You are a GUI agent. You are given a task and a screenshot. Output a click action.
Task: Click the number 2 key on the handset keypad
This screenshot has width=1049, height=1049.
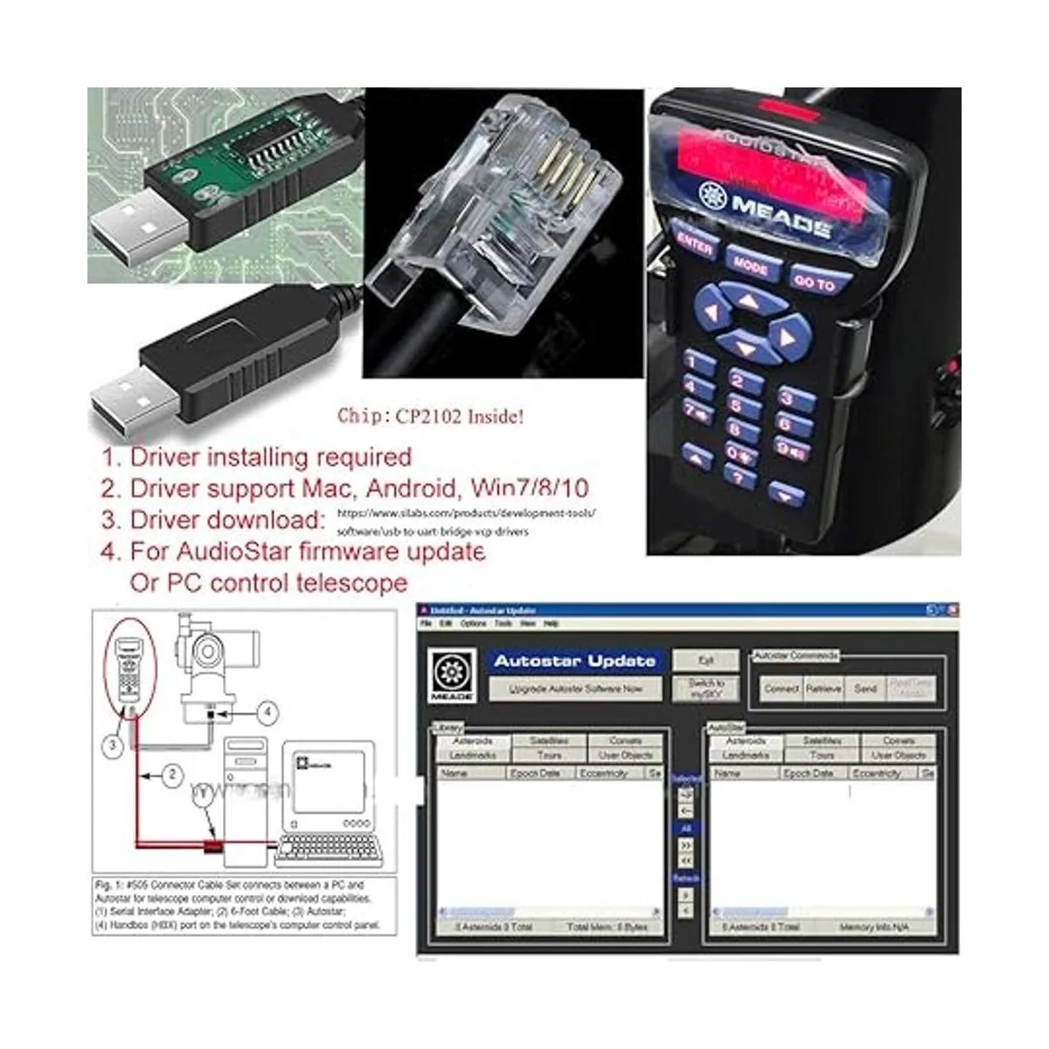point(746,380)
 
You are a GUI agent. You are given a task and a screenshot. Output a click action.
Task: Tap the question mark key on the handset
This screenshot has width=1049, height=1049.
point(740,477)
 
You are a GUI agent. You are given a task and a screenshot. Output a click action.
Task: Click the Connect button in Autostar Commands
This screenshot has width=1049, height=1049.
point(781,689)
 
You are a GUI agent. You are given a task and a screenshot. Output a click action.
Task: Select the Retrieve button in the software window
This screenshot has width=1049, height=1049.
point(823,689)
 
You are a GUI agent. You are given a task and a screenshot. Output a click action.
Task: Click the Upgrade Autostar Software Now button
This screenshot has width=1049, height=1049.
point(575,689)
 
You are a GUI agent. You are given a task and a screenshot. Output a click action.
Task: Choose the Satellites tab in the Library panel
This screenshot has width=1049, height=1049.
point(549,740)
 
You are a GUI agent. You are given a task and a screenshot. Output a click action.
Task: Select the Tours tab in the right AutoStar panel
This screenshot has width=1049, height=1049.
point(822,754)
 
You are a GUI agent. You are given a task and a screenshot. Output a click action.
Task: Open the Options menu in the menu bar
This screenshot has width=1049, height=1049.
point(473,624)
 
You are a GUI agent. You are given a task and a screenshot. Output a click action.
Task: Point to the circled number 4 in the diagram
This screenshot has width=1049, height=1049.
point(267,712)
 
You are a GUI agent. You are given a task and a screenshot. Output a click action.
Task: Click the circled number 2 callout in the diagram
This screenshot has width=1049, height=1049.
point(173,774)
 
